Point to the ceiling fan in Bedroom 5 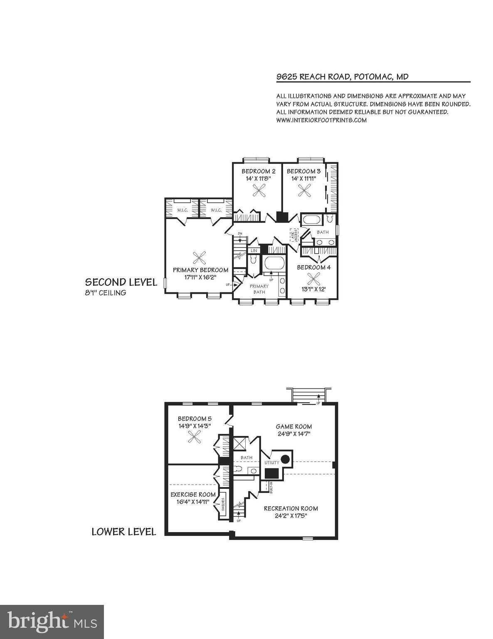point(194,436)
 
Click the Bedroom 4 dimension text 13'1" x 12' point(313,289)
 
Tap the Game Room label point(294,426)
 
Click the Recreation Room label point(291,508)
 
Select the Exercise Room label point(193,495)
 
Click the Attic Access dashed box point(293,235)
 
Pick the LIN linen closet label point(254,250)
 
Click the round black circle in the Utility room point(285,459)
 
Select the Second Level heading point(121,282)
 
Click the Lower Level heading point(124,532)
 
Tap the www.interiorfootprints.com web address point(321,120)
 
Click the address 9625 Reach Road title point(342,77)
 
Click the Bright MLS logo point(52,622)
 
